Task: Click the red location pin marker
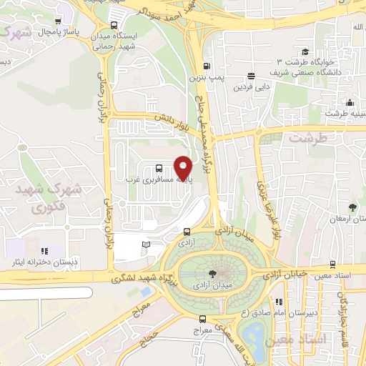(x=184, y=168)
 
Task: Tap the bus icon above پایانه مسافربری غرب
(x=159, y=169)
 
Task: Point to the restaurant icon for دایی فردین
(x=251, y=76)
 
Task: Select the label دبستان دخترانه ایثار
(x=34, y=262)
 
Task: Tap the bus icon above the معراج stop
(x=202, y=319)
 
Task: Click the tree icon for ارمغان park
(x=352, y=207)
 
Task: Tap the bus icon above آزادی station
(x=187, y=232)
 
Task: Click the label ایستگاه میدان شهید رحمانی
(x=117, y=42)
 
